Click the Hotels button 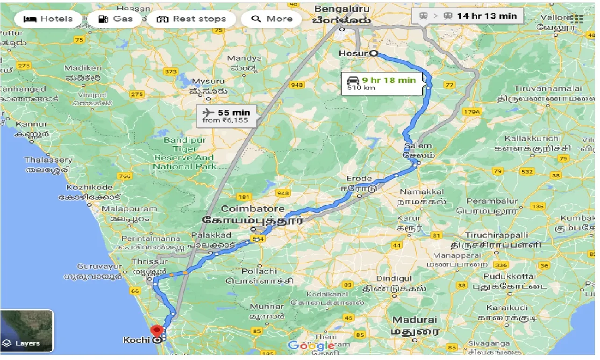[48, 19]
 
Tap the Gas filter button [116, 19]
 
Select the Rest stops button [191, 19]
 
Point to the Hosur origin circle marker [374, 54]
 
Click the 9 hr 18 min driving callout [381, 84]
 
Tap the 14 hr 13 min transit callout [467, 16]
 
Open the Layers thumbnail [27, 331]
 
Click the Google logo [311, 346]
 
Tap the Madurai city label [415, 320]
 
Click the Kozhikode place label [89, 187]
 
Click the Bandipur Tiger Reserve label [185, 153]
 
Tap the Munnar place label [266, 307]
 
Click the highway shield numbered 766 [125, 176]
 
